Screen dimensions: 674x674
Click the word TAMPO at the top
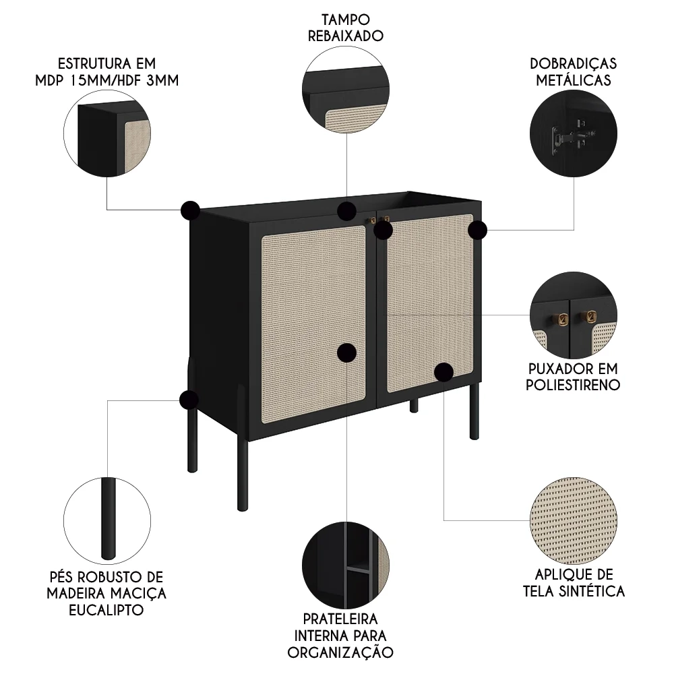pos(346,19)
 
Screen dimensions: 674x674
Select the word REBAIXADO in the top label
pos(346,36)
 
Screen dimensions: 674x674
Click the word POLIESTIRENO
pos(574,386)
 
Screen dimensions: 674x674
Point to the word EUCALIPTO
pos(106,610)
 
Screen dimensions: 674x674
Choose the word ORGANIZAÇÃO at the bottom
pos(340,652)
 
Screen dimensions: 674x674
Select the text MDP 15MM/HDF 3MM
pos(106,80)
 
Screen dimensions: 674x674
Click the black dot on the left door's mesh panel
pos(346,352)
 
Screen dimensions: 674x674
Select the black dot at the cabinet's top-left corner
pos(191,210)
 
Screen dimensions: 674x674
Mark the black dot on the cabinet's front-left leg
pos(189,400)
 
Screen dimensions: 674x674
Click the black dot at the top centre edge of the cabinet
pos(346,210)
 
